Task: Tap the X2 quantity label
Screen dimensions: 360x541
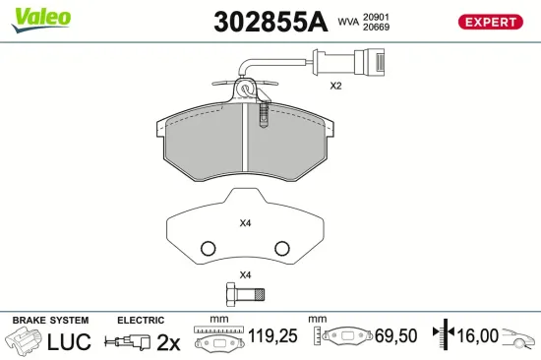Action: (334, 87)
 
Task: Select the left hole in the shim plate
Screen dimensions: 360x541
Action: (208, 248)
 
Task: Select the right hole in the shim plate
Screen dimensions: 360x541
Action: (281, 248)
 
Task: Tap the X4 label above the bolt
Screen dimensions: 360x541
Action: (246, 273)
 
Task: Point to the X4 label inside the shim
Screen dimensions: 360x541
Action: (246, 222)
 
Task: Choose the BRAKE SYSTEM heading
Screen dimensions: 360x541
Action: (50, 321)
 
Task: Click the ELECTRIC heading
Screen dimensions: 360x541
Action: (140, 321)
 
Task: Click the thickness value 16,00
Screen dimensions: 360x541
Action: (478, 336)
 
